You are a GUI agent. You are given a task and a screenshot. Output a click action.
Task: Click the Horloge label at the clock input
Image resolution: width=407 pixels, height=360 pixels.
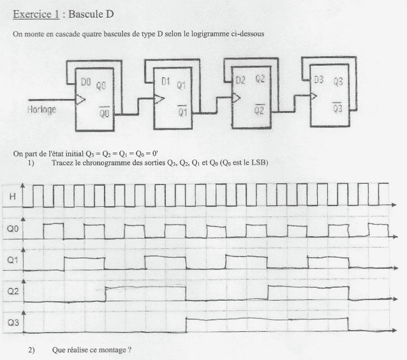pyautogui.click(x=42, y=109)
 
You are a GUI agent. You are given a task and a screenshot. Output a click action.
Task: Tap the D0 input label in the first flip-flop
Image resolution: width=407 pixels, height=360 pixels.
pyautogui.click(x=86, y=82)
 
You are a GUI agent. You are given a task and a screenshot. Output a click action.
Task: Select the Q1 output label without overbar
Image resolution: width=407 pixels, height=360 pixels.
pyautogui.click(x=181, y=85)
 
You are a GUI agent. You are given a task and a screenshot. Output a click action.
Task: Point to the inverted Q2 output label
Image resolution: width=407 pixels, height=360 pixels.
pyautogui.click(x=259, y=109)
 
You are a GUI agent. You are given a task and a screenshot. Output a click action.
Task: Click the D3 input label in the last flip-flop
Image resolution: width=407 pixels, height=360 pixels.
pyautogui.click(x=319, y=80)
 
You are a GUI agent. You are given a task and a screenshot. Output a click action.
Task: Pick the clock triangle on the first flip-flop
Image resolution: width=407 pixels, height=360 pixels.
pyautogui.click(x=80, y=100)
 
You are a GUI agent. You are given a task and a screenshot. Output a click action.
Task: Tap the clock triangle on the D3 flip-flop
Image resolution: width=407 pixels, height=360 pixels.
pyautogui.click(x=314, y=96)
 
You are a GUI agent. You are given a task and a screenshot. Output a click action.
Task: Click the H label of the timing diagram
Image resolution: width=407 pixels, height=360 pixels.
pyautogui.click(x=13, y=197)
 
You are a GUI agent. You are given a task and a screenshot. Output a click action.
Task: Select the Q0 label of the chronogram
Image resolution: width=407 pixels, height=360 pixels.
pyautogui.click(x=13, y=229)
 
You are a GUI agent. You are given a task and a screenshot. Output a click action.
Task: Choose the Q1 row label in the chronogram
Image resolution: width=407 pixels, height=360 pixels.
pyautogui.click(x=13, y=260)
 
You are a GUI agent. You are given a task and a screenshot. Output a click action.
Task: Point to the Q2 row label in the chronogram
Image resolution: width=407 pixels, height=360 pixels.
pyautogui.click(x=13, y=291)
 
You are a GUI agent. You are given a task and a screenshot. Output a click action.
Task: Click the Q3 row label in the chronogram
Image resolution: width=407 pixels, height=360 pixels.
pyautogui.click(x=13, y=322)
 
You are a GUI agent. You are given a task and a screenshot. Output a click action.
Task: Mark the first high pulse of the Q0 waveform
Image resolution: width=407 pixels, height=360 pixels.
pyautogui.click(x=54, y=231)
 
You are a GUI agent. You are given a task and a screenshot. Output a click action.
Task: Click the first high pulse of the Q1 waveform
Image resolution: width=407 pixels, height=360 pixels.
pyautogui.click(x=84, y=264)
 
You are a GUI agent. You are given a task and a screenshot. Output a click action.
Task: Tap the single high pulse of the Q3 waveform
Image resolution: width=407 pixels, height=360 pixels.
pyautogui.click(x=267, y=325)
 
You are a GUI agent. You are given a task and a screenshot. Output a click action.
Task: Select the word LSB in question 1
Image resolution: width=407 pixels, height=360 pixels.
pyautogui.click(x=258, y=163)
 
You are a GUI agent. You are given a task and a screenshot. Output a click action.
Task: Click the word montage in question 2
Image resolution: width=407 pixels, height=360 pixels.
pyautogui.click(x=112, y=350)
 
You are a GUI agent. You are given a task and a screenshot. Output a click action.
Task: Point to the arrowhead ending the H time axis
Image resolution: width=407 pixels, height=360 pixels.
pyautogui.click(x=394, y=205)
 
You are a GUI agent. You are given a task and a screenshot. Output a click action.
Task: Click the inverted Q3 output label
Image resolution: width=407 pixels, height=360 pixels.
pyautogui.click(x=337, y=107)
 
